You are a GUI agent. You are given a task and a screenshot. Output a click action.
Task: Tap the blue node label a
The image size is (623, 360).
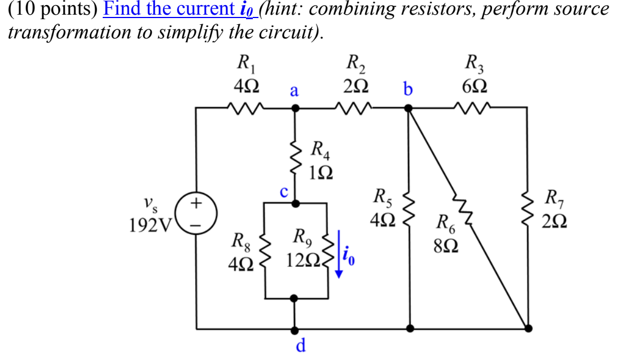(294, 90)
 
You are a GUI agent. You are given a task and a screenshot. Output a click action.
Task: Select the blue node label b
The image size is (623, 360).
(408, 89)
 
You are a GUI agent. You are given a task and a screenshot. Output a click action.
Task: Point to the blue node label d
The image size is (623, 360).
(301, 345)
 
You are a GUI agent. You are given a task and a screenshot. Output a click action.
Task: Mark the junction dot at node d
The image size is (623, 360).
(295, 328)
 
